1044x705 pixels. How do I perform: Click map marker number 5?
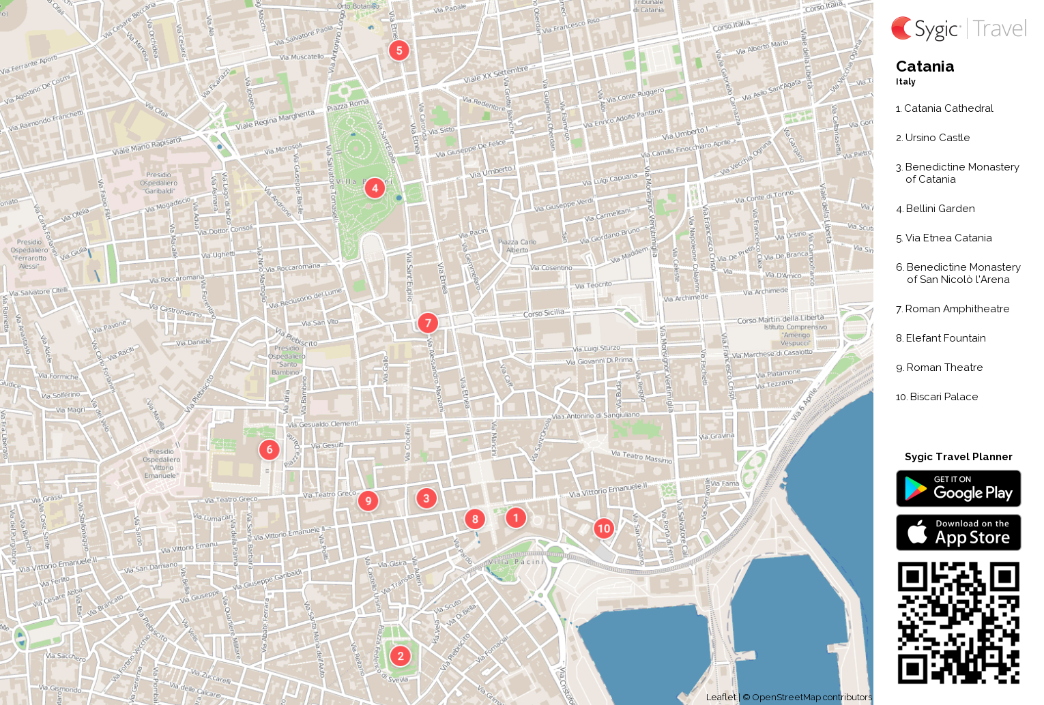click(399, 50)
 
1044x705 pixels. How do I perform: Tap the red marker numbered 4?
click(375, 188)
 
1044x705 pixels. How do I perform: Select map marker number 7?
click(428, 323)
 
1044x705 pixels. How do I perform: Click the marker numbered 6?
click(270, 450)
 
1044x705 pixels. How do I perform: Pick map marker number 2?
click(401, 657)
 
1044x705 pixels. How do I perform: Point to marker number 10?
click(604, 529)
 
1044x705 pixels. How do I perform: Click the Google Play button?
click(958, 489)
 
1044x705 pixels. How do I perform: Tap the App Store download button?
click(958, 532)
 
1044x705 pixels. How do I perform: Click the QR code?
click(958, 622)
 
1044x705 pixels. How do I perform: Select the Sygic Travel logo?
click(958, 29)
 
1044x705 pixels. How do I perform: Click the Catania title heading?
click(925, 67)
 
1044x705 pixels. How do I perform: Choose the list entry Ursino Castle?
click(937, 138)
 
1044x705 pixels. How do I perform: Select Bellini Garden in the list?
click(940, 209)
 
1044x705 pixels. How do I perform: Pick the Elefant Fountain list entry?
click(945, 338)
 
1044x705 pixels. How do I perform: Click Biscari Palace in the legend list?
click(943, 397)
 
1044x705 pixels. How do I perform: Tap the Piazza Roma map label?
click(347, 105)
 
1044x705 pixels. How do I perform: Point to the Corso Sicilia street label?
click(544, 314)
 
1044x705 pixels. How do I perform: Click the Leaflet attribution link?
click(721, 697)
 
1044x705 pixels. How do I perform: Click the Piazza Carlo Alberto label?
click(517, 245)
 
